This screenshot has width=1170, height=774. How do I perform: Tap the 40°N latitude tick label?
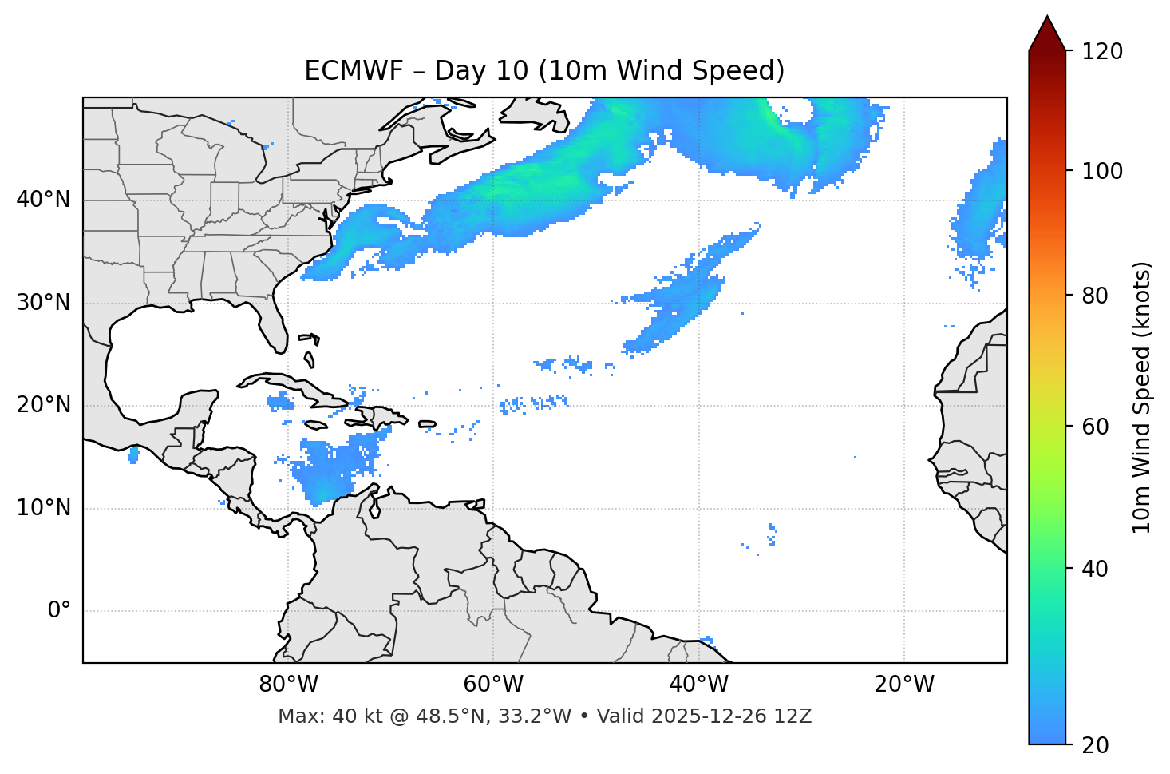tap(43, 200)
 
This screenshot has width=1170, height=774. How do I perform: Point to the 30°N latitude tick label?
tap(43, 303)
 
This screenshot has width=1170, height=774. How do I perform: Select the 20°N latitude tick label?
tap(43, 405)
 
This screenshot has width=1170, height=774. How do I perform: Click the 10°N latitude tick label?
tap(43, 508)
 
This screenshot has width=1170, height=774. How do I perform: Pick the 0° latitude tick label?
tap(59, 611)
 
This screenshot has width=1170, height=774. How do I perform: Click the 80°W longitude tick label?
tap(288, 685)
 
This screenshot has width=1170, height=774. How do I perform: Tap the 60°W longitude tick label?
tap(493, 685)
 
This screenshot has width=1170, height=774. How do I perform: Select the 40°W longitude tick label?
tap(698, 685)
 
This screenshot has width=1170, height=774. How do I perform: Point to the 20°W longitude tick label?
tap(903, 685)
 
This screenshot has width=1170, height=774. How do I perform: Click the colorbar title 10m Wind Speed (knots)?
tap(1142, 397)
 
